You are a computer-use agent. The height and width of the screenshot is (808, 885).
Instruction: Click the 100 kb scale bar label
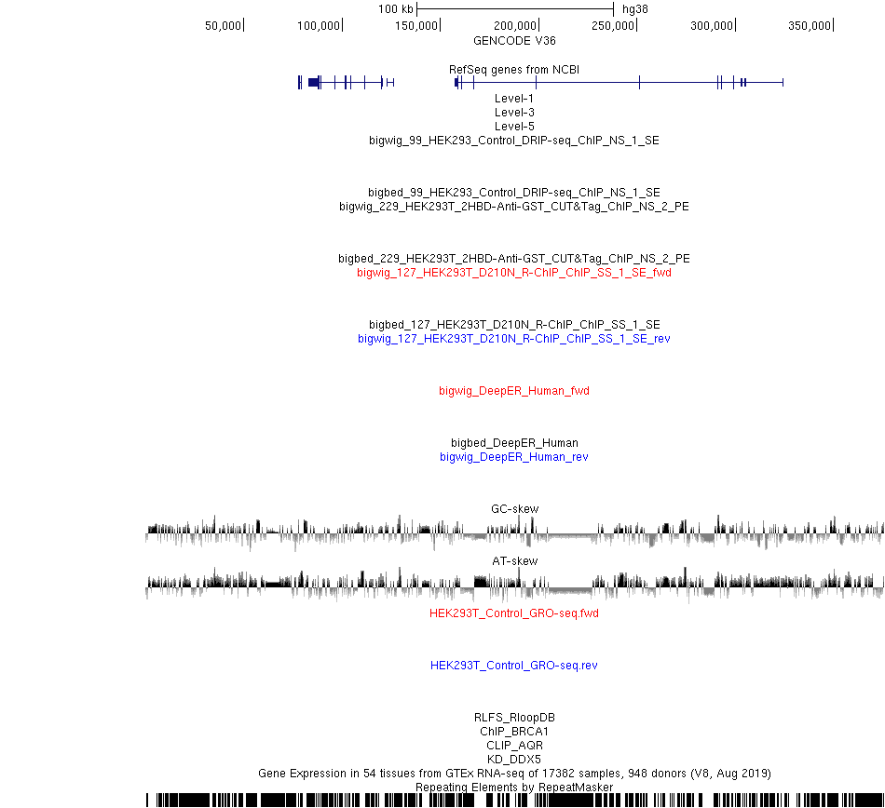(x=396, y=9)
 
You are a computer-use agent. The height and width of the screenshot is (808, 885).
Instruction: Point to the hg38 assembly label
(x=635, y=9)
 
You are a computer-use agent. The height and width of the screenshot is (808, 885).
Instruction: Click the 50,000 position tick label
(x=223, y=26)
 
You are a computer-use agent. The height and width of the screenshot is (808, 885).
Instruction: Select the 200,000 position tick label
(x=515, y=26)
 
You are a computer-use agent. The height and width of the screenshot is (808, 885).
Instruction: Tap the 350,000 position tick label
(x=810, y=26)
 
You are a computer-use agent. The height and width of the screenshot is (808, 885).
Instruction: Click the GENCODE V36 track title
(x=514, y=41)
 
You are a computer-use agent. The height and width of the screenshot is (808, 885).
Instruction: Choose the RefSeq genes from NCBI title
(x=514, y=70)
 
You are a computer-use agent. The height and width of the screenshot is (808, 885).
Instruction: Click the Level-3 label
(x=514, y=113)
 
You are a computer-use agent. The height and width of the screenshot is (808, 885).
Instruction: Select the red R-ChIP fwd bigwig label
(x=514, y=273)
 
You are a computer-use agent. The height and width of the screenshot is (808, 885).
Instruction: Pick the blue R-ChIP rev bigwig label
(x=514, y=339)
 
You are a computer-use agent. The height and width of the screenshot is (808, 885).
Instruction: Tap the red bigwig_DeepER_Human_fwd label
(x=514, y=391)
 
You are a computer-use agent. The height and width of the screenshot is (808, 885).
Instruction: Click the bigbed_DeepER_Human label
(x=514, y=443)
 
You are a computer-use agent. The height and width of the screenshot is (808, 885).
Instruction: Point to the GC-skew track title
(x=515, y=508)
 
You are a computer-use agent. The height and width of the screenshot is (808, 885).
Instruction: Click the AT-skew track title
(x=515, y=561)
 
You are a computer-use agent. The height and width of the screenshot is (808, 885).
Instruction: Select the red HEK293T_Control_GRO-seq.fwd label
(x=514, y=613)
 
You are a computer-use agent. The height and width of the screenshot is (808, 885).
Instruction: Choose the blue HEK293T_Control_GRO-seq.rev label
(x=514, y=666)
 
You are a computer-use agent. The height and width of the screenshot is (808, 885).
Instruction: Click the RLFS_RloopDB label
(x=514, y=718)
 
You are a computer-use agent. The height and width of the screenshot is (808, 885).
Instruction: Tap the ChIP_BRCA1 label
(x=514, y=732)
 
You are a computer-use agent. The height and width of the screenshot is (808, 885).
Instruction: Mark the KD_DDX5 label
(x=514, y=760)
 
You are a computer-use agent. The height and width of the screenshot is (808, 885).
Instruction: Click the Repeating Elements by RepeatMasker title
(x=514, y=788)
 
